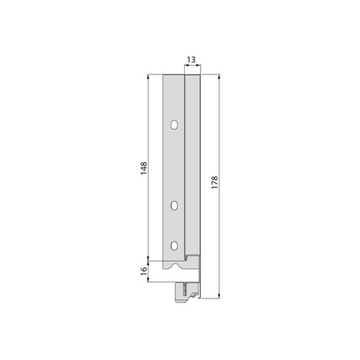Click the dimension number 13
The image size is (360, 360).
191,60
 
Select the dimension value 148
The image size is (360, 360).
144,168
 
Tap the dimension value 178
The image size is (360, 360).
214,182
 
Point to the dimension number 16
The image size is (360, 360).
144,270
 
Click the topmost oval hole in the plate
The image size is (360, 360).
174,125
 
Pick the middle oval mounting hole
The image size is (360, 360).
174,206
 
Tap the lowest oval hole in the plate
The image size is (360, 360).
174,246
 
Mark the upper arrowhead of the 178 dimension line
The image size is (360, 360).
219,77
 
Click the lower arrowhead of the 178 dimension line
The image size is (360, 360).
219,295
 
